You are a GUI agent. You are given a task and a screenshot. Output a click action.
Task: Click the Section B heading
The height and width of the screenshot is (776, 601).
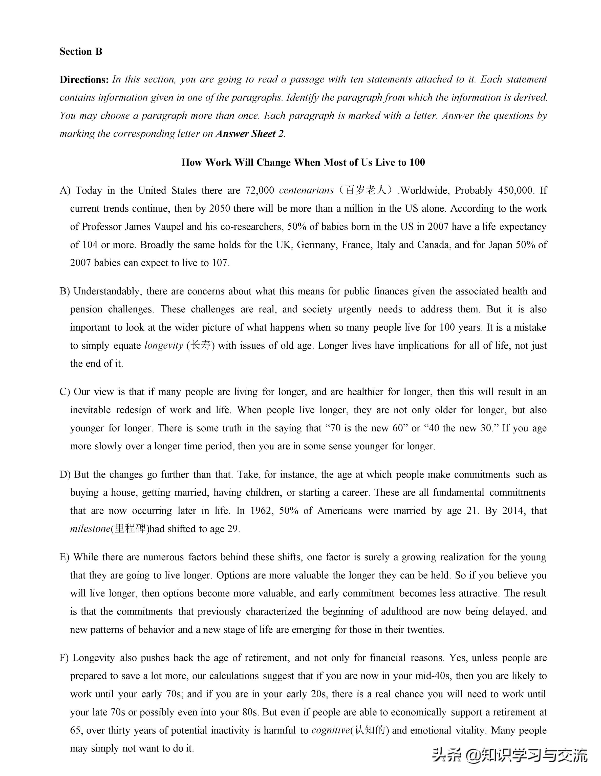click(81, 52)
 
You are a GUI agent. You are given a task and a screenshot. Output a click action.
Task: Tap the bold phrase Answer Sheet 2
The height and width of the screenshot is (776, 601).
click(250, 134)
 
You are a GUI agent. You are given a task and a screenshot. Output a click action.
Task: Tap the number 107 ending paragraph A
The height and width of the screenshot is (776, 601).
click(220, 263)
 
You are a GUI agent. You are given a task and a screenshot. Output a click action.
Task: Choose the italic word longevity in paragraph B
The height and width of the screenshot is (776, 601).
click(164, 346)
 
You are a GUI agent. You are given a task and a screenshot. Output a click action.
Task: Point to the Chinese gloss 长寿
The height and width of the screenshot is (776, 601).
click(201, 346)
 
